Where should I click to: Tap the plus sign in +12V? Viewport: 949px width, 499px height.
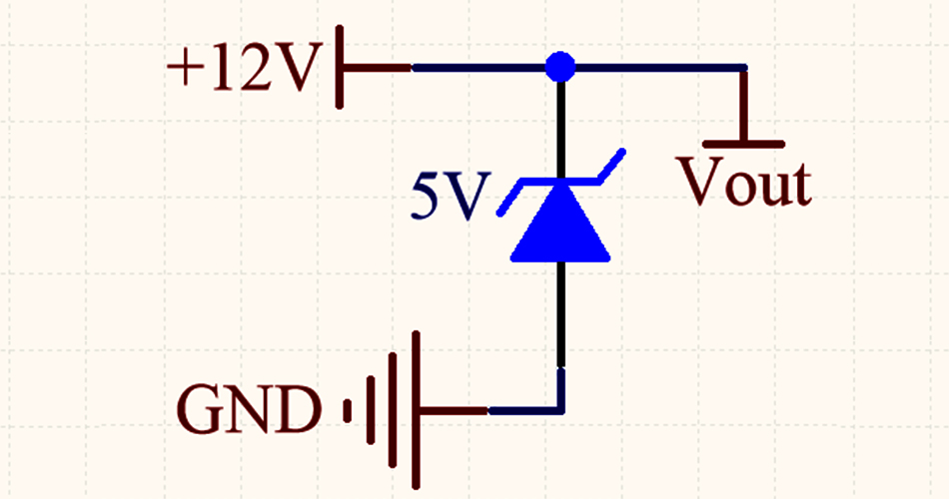click(x=185, y=70)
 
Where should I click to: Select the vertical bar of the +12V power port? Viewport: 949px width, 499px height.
click(x=341, y=67)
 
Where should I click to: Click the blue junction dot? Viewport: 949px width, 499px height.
click(x=559, y=68)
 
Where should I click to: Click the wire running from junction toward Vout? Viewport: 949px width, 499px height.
click(x=659, y=68)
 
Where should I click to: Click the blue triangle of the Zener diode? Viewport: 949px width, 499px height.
click(x=559, y=228)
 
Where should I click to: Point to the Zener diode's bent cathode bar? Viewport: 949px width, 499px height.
click(x=559, y=182)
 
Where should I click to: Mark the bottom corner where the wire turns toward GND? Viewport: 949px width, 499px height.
click(x=560, y=409)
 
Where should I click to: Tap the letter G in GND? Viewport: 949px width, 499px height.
click(x=200, y=410)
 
